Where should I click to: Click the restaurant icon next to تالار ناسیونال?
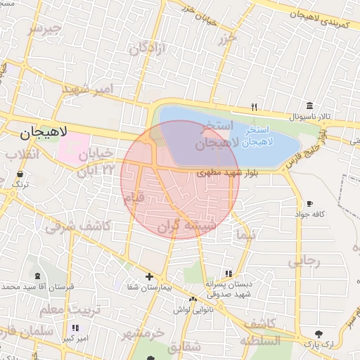(255, 108)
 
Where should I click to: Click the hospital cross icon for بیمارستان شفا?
(149, 277)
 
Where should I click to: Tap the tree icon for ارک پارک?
(320, 333)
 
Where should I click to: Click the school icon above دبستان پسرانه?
(229, 274)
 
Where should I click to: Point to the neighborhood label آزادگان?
(146, 49)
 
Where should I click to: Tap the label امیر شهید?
(87, 89)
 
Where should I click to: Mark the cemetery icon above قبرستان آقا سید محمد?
(37, 276)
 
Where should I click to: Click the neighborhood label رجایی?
(303, 262)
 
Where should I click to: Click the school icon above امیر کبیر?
(75, 328)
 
